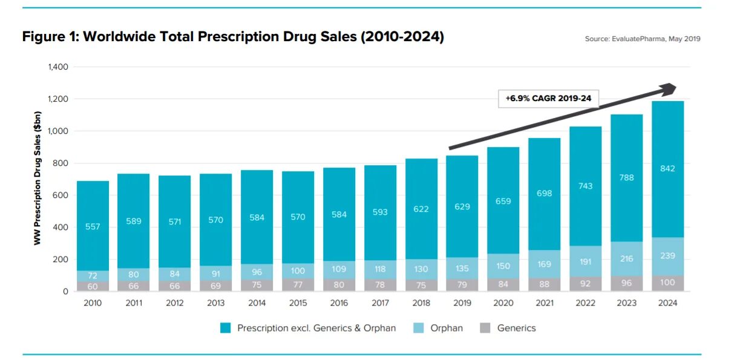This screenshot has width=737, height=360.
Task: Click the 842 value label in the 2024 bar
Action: (667, 169)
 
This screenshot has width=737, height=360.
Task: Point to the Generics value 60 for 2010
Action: (93, 286)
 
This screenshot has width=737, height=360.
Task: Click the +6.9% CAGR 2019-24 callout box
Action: (548, 98)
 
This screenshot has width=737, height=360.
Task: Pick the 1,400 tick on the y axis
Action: (58, 67)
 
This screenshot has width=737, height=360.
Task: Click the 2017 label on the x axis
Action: (380, 303)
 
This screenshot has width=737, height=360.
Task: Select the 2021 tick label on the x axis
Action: (544, 303)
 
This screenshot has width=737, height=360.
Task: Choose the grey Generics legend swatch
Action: (485, 328)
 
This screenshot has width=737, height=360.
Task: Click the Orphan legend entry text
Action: (447, 328)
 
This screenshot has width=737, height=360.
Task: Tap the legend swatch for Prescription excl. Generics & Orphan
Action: (226, 328)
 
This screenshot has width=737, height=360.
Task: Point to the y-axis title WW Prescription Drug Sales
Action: (38, 178)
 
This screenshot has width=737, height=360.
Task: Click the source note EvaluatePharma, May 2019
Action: (642, 39)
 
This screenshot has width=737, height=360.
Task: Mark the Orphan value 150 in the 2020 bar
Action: (503, 266)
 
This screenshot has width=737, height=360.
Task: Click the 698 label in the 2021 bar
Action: (544, 193)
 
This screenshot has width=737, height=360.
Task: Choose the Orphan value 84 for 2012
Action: (174, 275)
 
